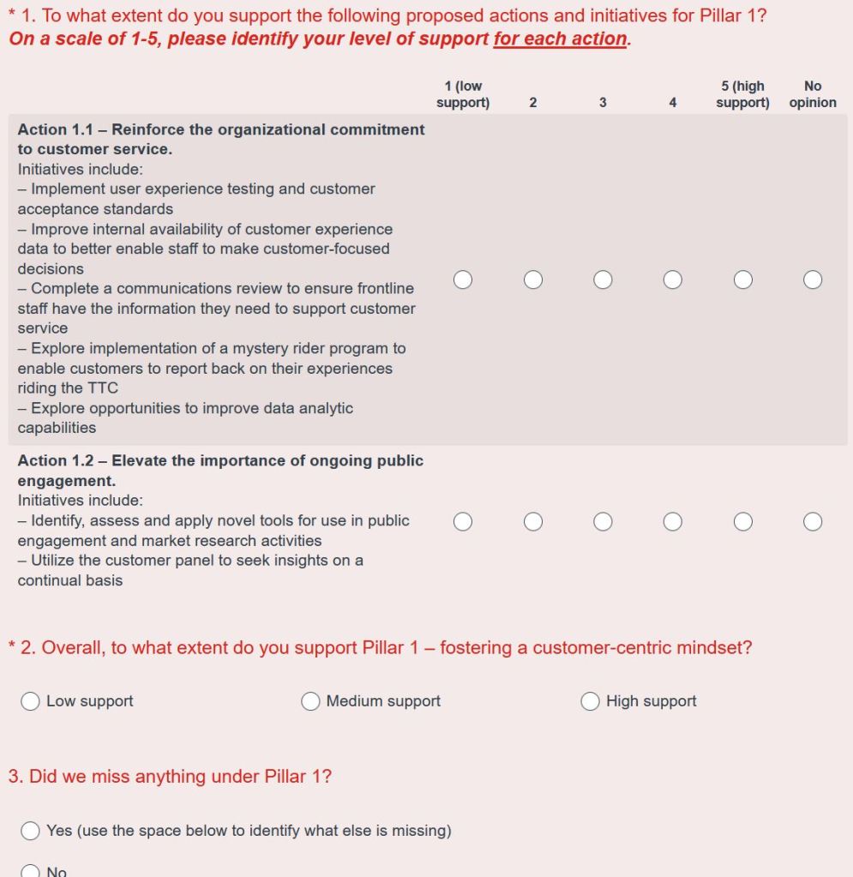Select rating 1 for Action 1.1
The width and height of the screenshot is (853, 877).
coord(463,279)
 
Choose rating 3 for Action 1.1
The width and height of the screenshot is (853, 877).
coord(603,279)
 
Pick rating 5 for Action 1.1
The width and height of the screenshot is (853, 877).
coord(743,279)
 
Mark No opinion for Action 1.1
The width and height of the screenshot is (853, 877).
coord(813,279)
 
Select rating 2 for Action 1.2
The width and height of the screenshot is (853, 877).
coord(533,521)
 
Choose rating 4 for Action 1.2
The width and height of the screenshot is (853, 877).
coord(673,521)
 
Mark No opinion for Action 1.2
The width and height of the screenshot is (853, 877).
coord(813,521)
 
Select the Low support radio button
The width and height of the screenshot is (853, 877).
coord(31,701)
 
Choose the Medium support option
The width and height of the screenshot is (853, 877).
coord(310,701)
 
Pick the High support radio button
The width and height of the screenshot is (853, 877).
coord(590,701)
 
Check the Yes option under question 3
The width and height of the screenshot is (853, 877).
coord(31,831)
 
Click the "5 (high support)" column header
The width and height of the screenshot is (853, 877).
coord(742,94)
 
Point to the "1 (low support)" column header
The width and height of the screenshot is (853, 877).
coord(463,94)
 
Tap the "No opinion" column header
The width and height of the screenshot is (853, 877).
coord(813,94)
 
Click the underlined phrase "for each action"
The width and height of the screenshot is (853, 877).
coord(560,39)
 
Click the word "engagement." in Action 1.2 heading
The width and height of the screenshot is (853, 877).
coord(66,481)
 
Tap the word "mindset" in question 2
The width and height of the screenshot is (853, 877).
coord(718,648)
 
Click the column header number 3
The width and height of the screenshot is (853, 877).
coord(603,103)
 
